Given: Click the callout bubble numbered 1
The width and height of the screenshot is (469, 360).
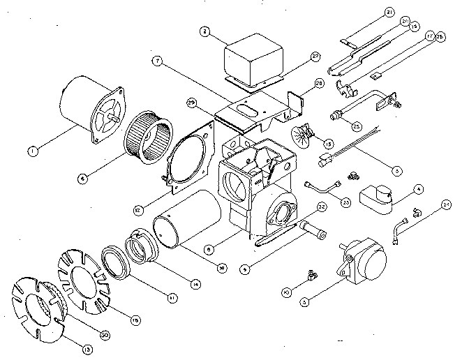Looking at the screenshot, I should coord(30,149).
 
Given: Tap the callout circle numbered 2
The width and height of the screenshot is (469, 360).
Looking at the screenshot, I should coord(204,31).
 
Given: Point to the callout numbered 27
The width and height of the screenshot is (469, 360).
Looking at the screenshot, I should coord(315,55).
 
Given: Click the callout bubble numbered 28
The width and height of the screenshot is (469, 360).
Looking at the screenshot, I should coord(319,84).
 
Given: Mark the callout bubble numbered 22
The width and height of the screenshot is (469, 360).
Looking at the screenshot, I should coord(322,207).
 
